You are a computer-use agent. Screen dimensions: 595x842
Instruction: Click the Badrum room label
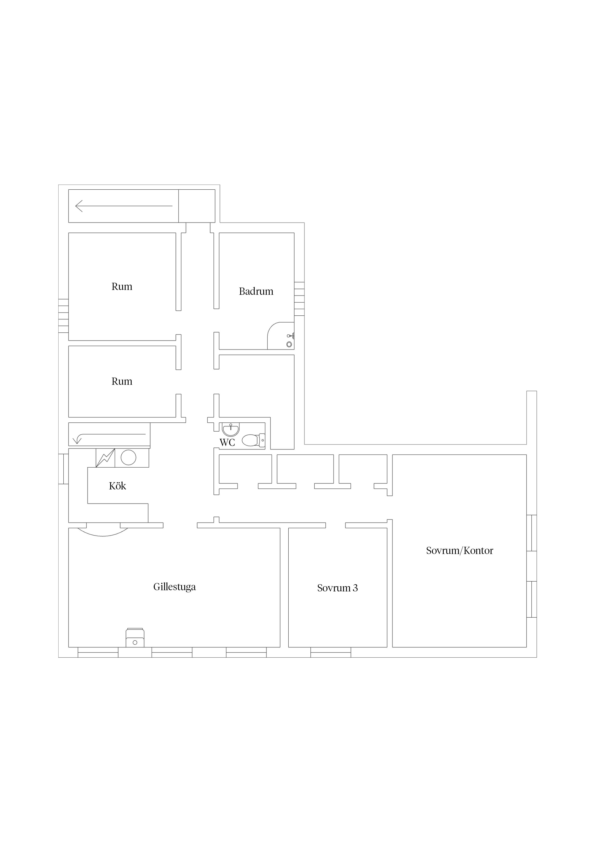256,292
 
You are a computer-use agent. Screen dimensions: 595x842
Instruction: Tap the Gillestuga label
174,587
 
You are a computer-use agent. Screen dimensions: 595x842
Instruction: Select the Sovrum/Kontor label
459,550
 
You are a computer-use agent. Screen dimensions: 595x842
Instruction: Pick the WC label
227,442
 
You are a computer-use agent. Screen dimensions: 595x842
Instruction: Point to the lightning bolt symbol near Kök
105,458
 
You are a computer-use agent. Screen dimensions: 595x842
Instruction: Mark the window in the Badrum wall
299,299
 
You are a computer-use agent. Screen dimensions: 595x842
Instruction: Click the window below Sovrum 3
331,652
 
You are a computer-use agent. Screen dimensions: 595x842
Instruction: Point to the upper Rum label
122,286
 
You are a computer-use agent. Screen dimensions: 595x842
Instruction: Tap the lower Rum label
122,381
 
